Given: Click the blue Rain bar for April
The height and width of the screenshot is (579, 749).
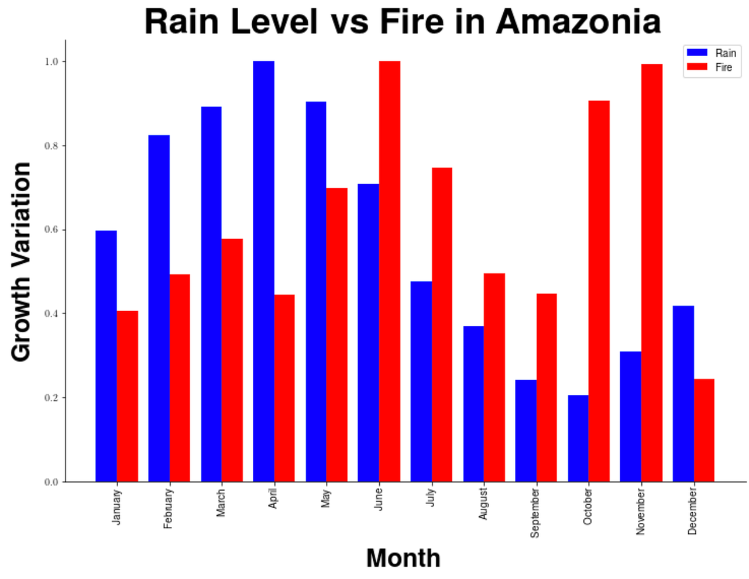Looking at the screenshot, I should point(263,271).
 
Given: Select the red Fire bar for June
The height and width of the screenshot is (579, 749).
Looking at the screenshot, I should point(390,271).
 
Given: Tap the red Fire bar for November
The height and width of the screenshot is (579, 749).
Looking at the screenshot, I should point(652,273).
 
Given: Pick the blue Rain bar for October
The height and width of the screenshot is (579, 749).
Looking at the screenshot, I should point(578,439).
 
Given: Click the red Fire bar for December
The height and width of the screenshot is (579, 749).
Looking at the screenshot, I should point(704,430).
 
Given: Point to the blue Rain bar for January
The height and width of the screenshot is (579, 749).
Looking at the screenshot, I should point(106,356).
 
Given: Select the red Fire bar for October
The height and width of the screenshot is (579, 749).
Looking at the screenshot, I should point(599,291).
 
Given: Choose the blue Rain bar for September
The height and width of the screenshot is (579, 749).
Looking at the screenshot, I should point(525,431).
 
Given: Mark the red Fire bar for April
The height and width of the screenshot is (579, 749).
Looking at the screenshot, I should point(284,388).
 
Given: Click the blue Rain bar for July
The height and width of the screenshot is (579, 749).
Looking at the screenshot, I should point(421,382).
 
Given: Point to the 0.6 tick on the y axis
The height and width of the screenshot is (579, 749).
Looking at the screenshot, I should point(51,230).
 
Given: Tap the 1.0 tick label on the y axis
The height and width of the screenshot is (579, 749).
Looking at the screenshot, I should point(51,61).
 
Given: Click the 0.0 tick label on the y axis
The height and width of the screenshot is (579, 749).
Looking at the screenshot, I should point(51,482).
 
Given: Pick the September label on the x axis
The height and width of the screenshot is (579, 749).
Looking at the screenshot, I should point(535,513).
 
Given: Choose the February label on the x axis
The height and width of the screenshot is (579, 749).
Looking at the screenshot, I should point(169,509).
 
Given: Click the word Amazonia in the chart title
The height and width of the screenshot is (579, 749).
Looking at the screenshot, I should point(578,22).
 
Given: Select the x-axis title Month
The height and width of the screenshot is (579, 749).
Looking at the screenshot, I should point(403,558).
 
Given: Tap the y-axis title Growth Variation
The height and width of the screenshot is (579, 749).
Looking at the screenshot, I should point(21,261).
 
